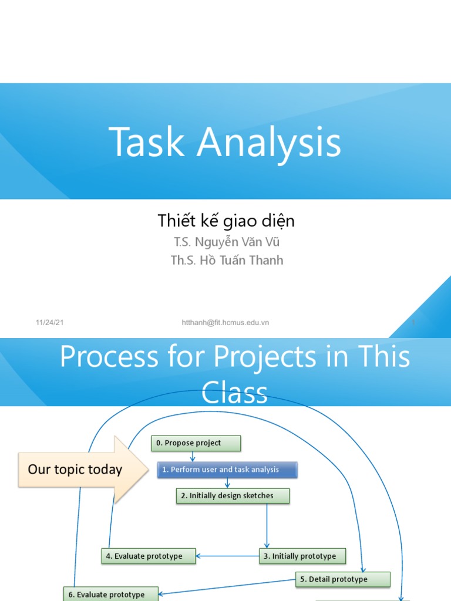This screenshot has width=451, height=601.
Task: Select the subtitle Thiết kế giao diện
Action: (x=226, y=221)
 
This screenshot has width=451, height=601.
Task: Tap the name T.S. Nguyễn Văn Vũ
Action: (x=223, y=241)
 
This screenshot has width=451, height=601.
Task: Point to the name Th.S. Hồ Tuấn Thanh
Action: (x=227, y=260)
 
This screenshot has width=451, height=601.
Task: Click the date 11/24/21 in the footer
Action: (x=49, y=323)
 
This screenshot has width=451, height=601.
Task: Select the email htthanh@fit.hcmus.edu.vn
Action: (x=226, y=323)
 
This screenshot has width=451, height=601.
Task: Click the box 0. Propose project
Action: (x=196, y=443)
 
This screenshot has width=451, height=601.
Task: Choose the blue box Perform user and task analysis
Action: (x=227, y=470)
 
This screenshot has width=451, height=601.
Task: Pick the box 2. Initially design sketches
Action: (x=233, y=496)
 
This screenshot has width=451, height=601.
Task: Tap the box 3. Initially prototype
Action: (x=302, y=556)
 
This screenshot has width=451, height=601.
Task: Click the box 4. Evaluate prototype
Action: (x=149, y=556)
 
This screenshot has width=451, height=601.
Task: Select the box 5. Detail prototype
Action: (x=343, y=579)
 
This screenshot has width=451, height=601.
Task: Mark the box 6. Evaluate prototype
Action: (x=103, y=594)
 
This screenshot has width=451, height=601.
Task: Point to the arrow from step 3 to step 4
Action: (x=227, y=556)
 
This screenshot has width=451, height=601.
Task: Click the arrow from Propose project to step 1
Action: (x=193, y=456)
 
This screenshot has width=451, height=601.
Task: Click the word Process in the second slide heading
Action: (x=109, y=357)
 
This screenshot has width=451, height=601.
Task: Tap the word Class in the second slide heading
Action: (x=234, y=392)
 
